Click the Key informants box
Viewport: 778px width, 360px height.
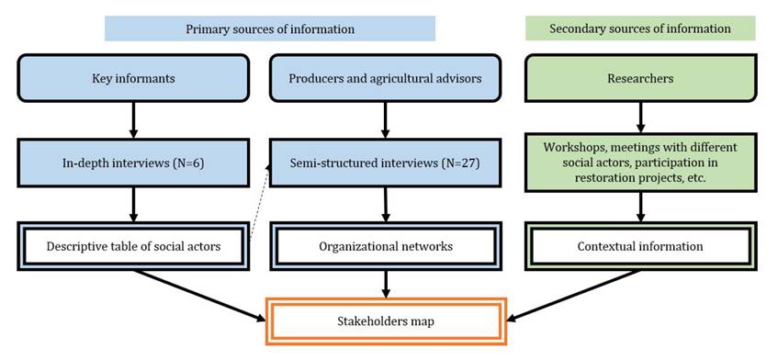point(133,78)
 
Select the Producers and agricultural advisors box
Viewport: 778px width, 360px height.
point(385,78)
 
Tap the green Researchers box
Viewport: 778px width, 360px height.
point(640,78)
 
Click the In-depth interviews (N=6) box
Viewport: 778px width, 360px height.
point(133,163)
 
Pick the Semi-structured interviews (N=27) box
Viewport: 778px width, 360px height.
point(385,163)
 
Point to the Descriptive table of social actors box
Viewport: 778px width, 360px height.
point(133,246)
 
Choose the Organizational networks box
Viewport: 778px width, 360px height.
point(385,246)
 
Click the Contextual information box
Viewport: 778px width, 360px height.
point(640,246)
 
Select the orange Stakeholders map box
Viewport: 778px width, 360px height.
point(386,321)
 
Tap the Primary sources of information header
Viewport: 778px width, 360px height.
point(270,28)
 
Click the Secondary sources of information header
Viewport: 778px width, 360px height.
point(640,28)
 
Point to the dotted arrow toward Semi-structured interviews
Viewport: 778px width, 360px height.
point(258,203)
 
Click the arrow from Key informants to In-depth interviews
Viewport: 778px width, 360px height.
point(133,120)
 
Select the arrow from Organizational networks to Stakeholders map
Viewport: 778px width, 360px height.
point(385,284)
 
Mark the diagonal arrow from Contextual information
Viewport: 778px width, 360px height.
point(573,296)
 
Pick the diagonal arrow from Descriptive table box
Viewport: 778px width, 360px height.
point(200,296)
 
